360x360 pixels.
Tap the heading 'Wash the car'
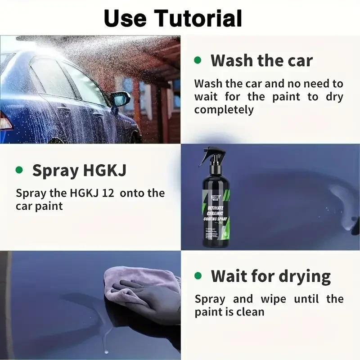pyautogui.click(x=261, y=60)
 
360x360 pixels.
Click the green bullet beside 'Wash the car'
pyautogui.click(x=197, y=60)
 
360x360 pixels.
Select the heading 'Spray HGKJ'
pyautogui.click(x=79, y=171)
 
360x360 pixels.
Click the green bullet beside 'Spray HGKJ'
pyautogui.click(x=19, y=170)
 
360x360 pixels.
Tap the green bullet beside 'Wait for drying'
pyautogui.click(x=197, y=275)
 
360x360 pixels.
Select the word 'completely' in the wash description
pyautogui.click(x=224, y=109)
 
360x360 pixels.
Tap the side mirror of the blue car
pyautogui.click(x=121, y=99)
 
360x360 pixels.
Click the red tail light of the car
pyautogui.click(x=5, y=121)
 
